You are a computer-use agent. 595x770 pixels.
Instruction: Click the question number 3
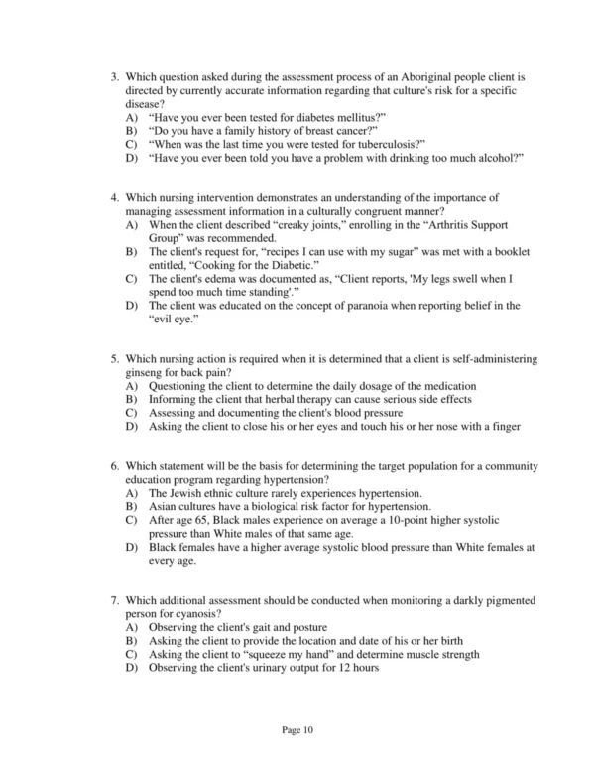tap(114, 76)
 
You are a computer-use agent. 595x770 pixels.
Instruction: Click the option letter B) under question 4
tap(131, 253)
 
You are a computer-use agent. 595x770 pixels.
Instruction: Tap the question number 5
tap(114, 358)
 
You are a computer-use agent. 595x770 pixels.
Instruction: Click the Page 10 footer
tap(297, 731)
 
